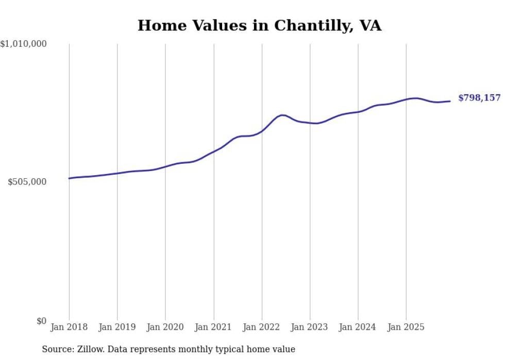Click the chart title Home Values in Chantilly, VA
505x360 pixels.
(259, 25)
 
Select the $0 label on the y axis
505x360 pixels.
(42, 321)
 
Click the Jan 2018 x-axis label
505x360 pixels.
(69, 327)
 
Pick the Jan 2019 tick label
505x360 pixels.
(117, 327)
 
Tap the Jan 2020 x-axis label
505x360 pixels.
(165, 327)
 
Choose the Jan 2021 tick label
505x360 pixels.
(213, 327)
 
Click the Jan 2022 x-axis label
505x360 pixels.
(262, 327)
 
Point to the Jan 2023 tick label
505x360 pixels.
(310, 327)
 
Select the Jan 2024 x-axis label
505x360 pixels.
(358, 327)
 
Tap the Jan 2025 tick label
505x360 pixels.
(406, 327)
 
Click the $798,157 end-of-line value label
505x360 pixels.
(479, 98)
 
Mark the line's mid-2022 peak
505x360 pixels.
(282, 115)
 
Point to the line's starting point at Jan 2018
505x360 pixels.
(69, 178)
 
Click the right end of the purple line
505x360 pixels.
(450, 101)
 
